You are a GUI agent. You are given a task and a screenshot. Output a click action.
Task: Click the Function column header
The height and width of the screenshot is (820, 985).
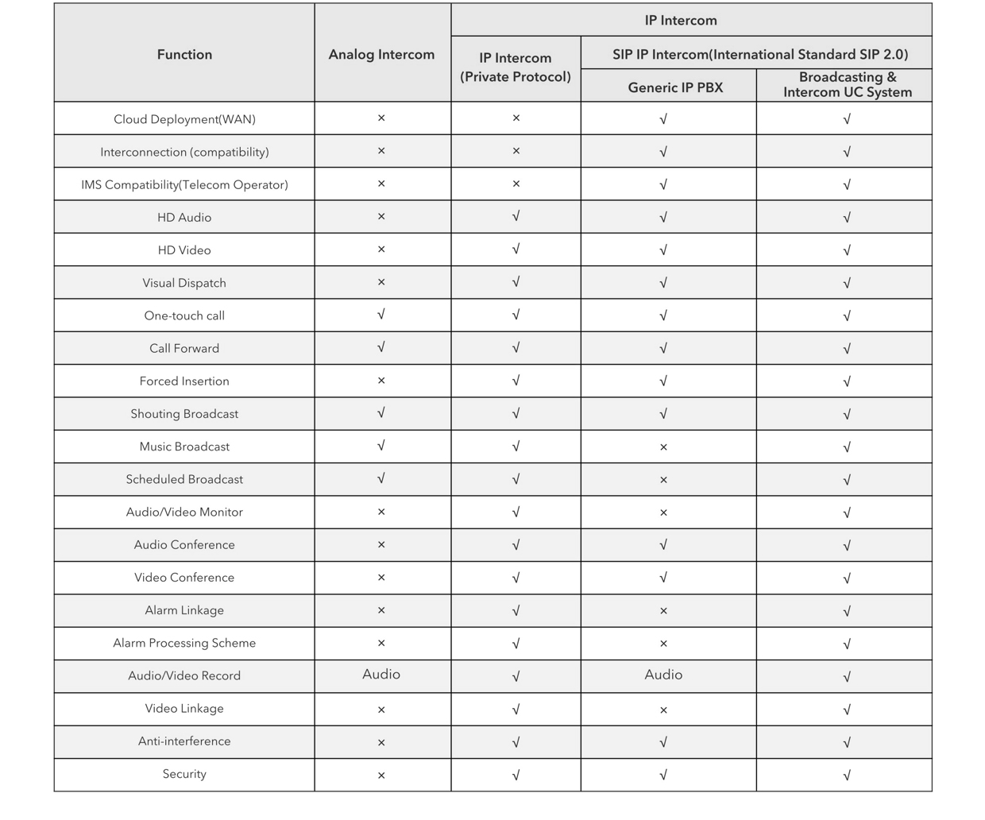(x=184, y=54)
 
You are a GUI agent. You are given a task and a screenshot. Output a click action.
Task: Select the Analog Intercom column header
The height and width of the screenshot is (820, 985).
(x=381, y=54)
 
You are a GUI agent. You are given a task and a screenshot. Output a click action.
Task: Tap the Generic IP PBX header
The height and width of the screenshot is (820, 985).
(x=675, y=87)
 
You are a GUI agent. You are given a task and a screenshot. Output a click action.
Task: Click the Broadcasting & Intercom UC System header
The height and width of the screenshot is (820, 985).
(x=847, y=84)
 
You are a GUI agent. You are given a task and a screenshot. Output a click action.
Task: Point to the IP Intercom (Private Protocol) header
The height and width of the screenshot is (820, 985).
(x=516, y=68)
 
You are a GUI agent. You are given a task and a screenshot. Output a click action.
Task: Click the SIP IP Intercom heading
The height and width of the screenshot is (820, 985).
(x=759, y=54)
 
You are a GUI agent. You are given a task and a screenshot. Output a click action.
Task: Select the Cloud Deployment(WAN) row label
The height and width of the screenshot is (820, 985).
(x=184, y=119)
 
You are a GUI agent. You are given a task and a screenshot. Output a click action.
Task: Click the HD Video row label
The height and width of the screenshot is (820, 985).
(x=184, y=250)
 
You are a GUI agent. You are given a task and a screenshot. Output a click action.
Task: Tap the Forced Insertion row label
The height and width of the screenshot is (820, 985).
(x=184, y=381)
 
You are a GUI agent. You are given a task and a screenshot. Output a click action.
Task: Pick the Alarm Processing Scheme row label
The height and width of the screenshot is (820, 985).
(x=184, y=643)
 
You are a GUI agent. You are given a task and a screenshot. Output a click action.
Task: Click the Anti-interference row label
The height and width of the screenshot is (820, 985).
(x=184, y=741)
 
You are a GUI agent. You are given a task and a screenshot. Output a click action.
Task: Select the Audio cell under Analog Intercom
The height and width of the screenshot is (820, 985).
(x=381, y=675)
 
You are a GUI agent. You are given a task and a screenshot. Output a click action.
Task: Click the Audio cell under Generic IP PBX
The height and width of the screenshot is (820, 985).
(x=663, y=675)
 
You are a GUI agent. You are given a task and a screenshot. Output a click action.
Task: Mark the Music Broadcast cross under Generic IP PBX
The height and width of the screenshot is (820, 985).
(x=663, y=447)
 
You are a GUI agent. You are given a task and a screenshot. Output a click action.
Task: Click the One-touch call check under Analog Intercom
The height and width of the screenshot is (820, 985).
(x=381, y=315)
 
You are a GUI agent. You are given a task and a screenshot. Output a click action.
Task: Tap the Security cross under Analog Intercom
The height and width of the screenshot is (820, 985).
(x=381, y=775)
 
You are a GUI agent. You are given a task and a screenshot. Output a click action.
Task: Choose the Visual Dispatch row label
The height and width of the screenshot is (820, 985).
(x=184, y=283)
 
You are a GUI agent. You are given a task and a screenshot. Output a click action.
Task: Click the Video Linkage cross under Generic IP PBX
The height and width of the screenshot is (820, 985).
(x=663, y=710)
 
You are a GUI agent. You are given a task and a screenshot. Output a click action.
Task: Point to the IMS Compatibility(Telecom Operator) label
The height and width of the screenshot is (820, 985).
(x=184, y=184)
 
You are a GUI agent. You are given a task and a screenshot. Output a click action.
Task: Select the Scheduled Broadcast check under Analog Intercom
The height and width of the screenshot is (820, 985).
(x=381, y=478)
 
